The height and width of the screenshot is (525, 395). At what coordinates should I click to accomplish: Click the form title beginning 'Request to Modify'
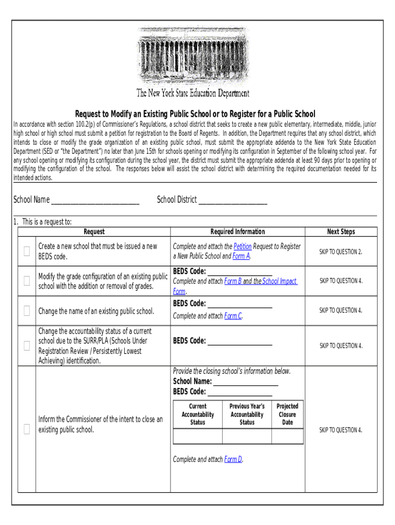click(x=195, y=114)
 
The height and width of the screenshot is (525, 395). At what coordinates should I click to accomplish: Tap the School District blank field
click(x=232, y=200)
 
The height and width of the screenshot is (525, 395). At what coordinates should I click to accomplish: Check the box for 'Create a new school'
click(x=27, y=251)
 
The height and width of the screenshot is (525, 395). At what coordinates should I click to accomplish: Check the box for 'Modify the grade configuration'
click(x=27, y=281)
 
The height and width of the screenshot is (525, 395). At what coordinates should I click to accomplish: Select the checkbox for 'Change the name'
click(x=27, y=311)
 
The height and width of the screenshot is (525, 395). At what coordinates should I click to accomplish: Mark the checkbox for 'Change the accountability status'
click(x=27, y=346)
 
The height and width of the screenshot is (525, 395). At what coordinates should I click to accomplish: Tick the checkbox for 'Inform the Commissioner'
click(x=27, y=430)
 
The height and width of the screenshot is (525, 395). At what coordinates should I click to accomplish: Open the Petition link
click(x=242, y=247)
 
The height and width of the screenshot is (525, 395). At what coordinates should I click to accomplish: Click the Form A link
click(x=241, y=256)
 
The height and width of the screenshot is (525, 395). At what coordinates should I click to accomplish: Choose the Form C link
click(x=232, y=316)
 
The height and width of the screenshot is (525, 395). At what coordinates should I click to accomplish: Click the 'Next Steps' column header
click(x=341, y=232)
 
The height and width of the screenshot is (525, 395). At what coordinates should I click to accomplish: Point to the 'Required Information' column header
click(x=238, y=232)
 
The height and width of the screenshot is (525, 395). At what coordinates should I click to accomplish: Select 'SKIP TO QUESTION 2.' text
click(x=341, y=251)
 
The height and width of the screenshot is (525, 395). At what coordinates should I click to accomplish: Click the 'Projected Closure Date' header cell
click(x=287, y=414)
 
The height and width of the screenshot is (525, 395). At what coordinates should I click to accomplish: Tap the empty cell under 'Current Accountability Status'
click(x=197, y=436)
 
